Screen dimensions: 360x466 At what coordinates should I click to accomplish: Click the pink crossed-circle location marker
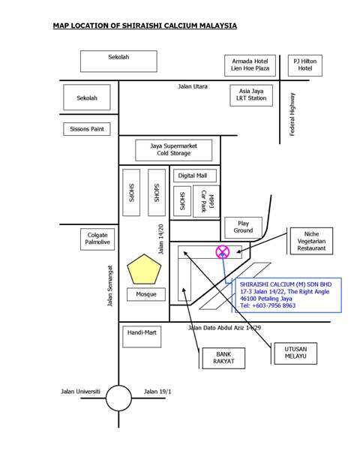tap(223, 252)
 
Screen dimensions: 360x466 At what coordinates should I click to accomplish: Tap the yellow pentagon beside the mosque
tap(144, 269)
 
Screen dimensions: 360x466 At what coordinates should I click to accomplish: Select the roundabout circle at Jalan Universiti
tap(118, 398)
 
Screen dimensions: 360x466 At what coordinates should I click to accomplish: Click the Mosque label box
tap(146, 294)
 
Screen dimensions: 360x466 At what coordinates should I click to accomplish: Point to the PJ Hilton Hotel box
tap(305, 65)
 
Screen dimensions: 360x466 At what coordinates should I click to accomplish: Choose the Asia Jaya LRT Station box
tap(251, 95)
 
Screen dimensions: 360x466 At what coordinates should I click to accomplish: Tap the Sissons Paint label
tap(87, 129)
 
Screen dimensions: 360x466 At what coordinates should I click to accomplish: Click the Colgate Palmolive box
tap(97, 239)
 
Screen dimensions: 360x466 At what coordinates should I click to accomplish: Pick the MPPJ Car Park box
tap(206, 201)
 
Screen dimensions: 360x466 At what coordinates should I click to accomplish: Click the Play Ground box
tap(243, 227)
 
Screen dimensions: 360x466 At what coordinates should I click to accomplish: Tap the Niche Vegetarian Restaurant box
tap(311, 241)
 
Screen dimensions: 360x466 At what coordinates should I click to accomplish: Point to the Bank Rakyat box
tap(223, 358)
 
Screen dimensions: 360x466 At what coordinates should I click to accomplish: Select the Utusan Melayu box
tap(295, 353)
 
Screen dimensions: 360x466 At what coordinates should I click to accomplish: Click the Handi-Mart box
tap(142, 336)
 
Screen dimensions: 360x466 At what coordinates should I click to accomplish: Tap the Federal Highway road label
tap(292, 114)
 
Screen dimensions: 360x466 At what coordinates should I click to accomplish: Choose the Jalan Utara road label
tap(193, 86)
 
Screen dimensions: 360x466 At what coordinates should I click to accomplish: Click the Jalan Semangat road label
tap(110, 286)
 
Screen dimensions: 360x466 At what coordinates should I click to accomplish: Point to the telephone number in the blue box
tap(268, 305)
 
